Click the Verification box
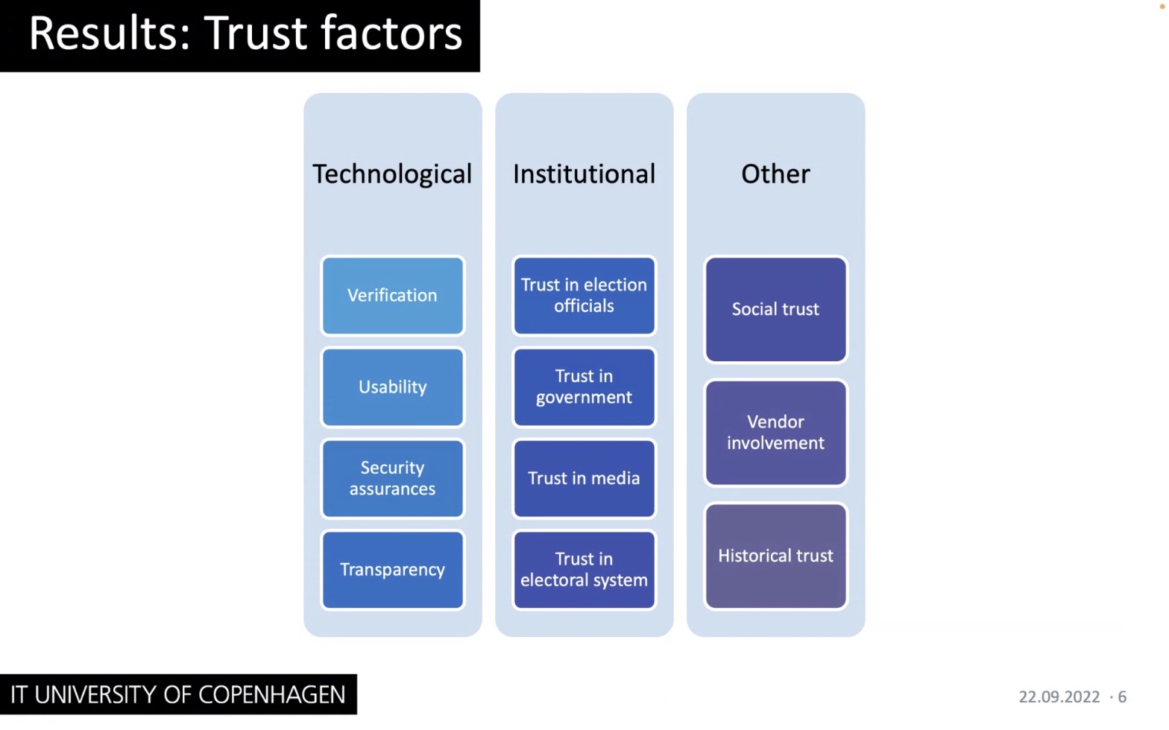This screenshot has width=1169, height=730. click(392, 296)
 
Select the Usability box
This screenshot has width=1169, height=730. click(392, 387)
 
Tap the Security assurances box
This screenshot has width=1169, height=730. click(392, 478)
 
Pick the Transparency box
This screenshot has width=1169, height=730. click(392, 569)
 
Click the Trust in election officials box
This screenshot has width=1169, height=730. click(584, 296)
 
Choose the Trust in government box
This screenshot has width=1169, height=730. click(584, 387)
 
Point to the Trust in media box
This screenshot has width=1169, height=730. click(584, 478)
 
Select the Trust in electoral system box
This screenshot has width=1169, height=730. click(584, 569)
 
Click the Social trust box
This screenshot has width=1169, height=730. click(775, 309)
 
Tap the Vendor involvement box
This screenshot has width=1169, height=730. click(775, 432)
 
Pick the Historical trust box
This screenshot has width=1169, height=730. click(775, 556)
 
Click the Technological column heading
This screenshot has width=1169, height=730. click(392, 174)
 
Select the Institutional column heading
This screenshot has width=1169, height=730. click(584, 174)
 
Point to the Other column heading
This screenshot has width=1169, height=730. click(775, 174)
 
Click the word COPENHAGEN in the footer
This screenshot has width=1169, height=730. click(272, 695)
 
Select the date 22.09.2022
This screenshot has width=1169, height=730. click(1059, 696)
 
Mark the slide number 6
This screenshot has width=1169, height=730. click(1122, 696)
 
